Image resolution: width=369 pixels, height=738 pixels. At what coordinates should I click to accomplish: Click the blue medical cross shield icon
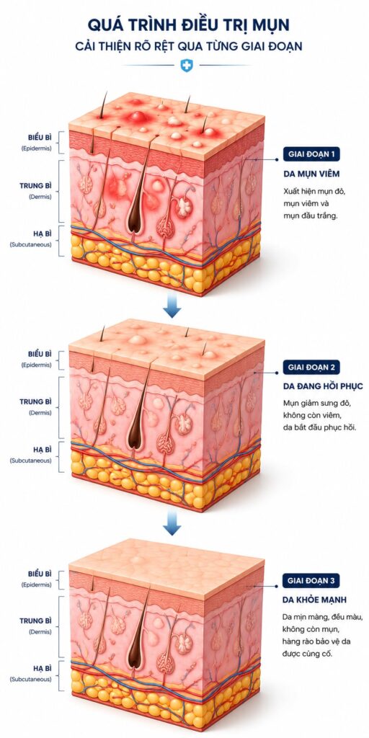click(x=187, y=65)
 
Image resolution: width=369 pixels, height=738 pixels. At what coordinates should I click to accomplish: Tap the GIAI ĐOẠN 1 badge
click(x=311, y=154)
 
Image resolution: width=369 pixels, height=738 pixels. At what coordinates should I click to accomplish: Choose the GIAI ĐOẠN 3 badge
click(x=311, y=581)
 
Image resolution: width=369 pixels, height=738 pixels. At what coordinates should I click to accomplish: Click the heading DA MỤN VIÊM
click(x=311, y=174)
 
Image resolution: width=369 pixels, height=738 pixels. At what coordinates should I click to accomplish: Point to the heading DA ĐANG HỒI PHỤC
click(x=323, y=386)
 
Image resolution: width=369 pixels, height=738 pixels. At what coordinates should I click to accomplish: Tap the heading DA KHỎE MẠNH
click(x=314, y=600)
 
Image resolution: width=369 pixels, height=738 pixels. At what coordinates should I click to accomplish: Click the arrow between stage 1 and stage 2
click(x=172, y=307)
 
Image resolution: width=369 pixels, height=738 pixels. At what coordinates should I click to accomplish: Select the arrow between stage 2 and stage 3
click(x=172, y=525)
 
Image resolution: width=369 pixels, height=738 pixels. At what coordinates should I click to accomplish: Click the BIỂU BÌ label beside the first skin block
click(x=40, y=138)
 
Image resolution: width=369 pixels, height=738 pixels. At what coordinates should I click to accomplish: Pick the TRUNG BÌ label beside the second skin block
click(x=36, y=401)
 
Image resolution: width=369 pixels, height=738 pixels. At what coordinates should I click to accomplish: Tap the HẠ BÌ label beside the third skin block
click(x=43, y=668)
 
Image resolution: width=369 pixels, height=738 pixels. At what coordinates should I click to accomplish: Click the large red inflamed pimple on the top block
click(x=137, y=116)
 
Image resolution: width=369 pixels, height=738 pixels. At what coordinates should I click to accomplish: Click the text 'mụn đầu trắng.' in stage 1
click(x=311, y=218)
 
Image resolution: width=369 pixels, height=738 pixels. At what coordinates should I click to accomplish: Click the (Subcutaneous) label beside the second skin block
click(x=31, y=461)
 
